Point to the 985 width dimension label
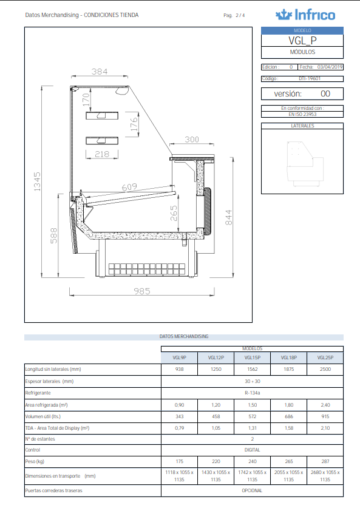[141, 291]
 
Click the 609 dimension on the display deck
[129, 187]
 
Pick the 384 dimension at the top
[100, 72]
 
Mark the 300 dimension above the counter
[192, 140]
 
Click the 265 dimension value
[174, 214]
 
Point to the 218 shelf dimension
[102, 154]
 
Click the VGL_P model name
[302, 41]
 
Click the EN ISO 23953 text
[302, 113]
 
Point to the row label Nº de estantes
[41, 439]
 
